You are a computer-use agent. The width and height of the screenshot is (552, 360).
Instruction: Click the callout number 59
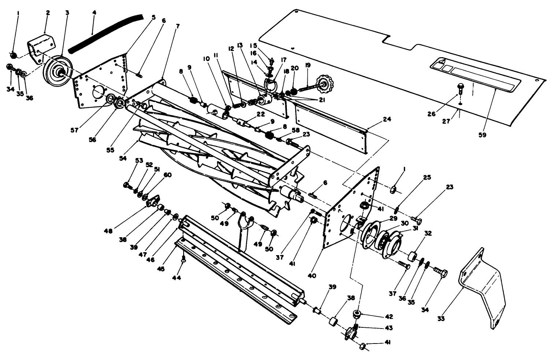coord(482,135)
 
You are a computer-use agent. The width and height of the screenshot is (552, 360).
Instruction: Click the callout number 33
coord(441,319)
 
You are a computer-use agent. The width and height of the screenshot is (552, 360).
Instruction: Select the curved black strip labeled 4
coord(106,32)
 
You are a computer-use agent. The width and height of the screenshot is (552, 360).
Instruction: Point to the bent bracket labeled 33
coord(484,286)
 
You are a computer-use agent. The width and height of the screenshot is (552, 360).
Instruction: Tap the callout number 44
coord(177,278)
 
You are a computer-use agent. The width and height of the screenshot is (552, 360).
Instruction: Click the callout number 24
coord(387,120)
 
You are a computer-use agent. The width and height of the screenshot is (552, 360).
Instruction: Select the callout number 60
coord(167,175)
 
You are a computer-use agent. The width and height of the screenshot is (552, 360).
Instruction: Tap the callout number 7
coord(178,27)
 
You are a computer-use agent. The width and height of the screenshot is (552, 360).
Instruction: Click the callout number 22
coord(260,114)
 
